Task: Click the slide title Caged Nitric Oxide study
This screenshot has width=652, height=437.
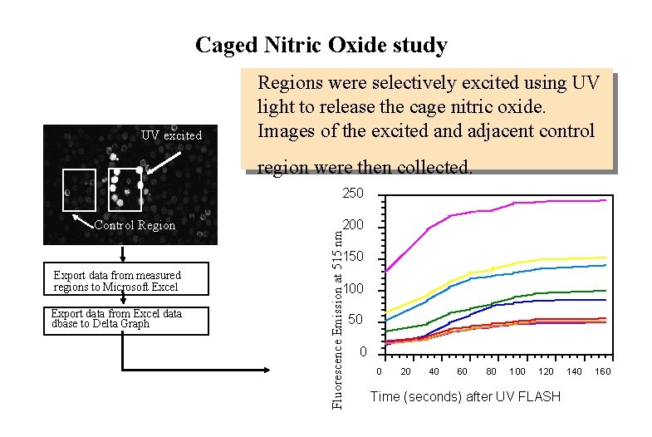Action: point(321,45)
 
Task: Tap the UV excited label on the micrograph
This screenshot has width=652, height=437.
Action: point(171,135)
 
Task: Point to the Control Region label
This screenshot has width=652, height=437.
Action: point(135,225)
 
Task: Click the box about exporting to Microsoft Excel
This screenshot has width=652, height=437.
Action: point(125,281)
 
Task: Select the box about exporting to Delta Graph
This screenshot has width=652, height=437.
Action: point(125,319)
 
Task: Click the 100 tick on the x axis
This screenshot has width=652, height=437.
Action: point(517,371)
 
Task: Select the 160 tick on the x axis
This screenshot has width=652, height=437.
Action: point(602,371)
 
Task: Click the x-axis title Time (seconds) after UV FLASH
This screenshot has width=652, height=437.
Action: point(465,396)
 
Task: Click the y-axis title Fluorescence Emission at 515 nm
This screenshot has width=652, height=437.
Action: point(336,308)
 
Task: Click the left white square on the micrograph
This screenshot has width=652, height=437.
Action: point(80,189)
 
